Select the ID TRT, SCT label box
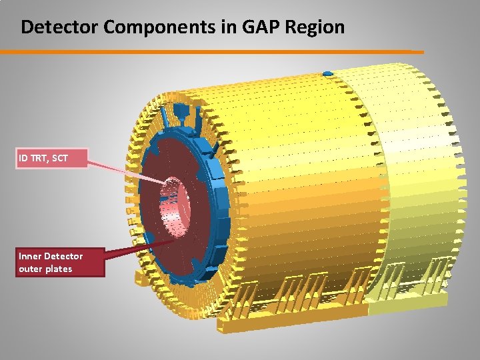coord(52,159)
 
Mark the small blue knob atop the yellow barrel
coord(327,73)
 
